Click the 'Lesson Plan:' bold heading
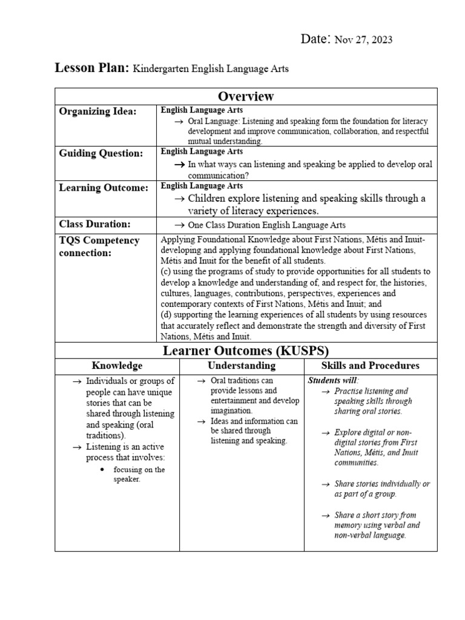click(92, 68)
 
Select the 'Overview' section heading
click(246, 96)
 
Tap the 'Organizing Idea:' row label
click(97, 111)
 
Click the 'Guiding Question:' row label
click(101, 153)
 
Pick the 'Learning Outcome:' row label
click(104, 188)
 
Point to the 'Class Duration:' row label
click(94, 224)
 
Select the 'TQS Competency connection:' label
click(99, 246)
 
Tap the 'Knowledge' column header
click(117, 366)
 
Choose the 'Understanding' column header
click(242, 366)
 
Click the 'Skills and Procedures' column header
click(370, 366)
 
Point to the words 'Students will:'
click(333, 380)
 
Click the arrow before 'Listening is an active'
click(76, 446)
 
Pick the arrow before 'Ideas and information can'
click(202, 421)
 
